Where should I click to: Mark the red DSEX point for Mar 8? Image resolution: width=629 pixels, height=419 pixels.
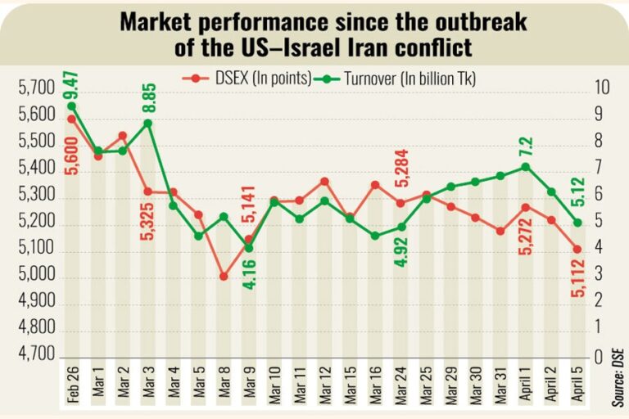[x=224, y=277]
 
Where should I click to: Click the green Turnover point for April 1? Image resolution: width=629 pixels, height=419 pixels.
[x=525, y=167]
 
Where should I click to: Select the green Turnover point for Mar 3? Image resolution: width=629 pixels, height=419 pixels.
[x=147, y=123]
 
